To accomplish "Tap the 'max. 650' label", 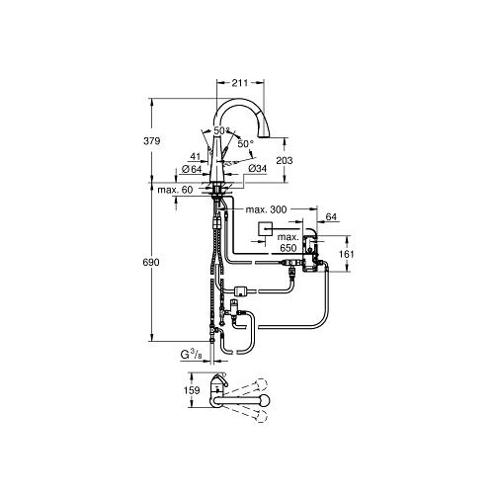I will [288, 242].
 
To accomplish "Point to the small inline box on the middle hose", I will [239, 290].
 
